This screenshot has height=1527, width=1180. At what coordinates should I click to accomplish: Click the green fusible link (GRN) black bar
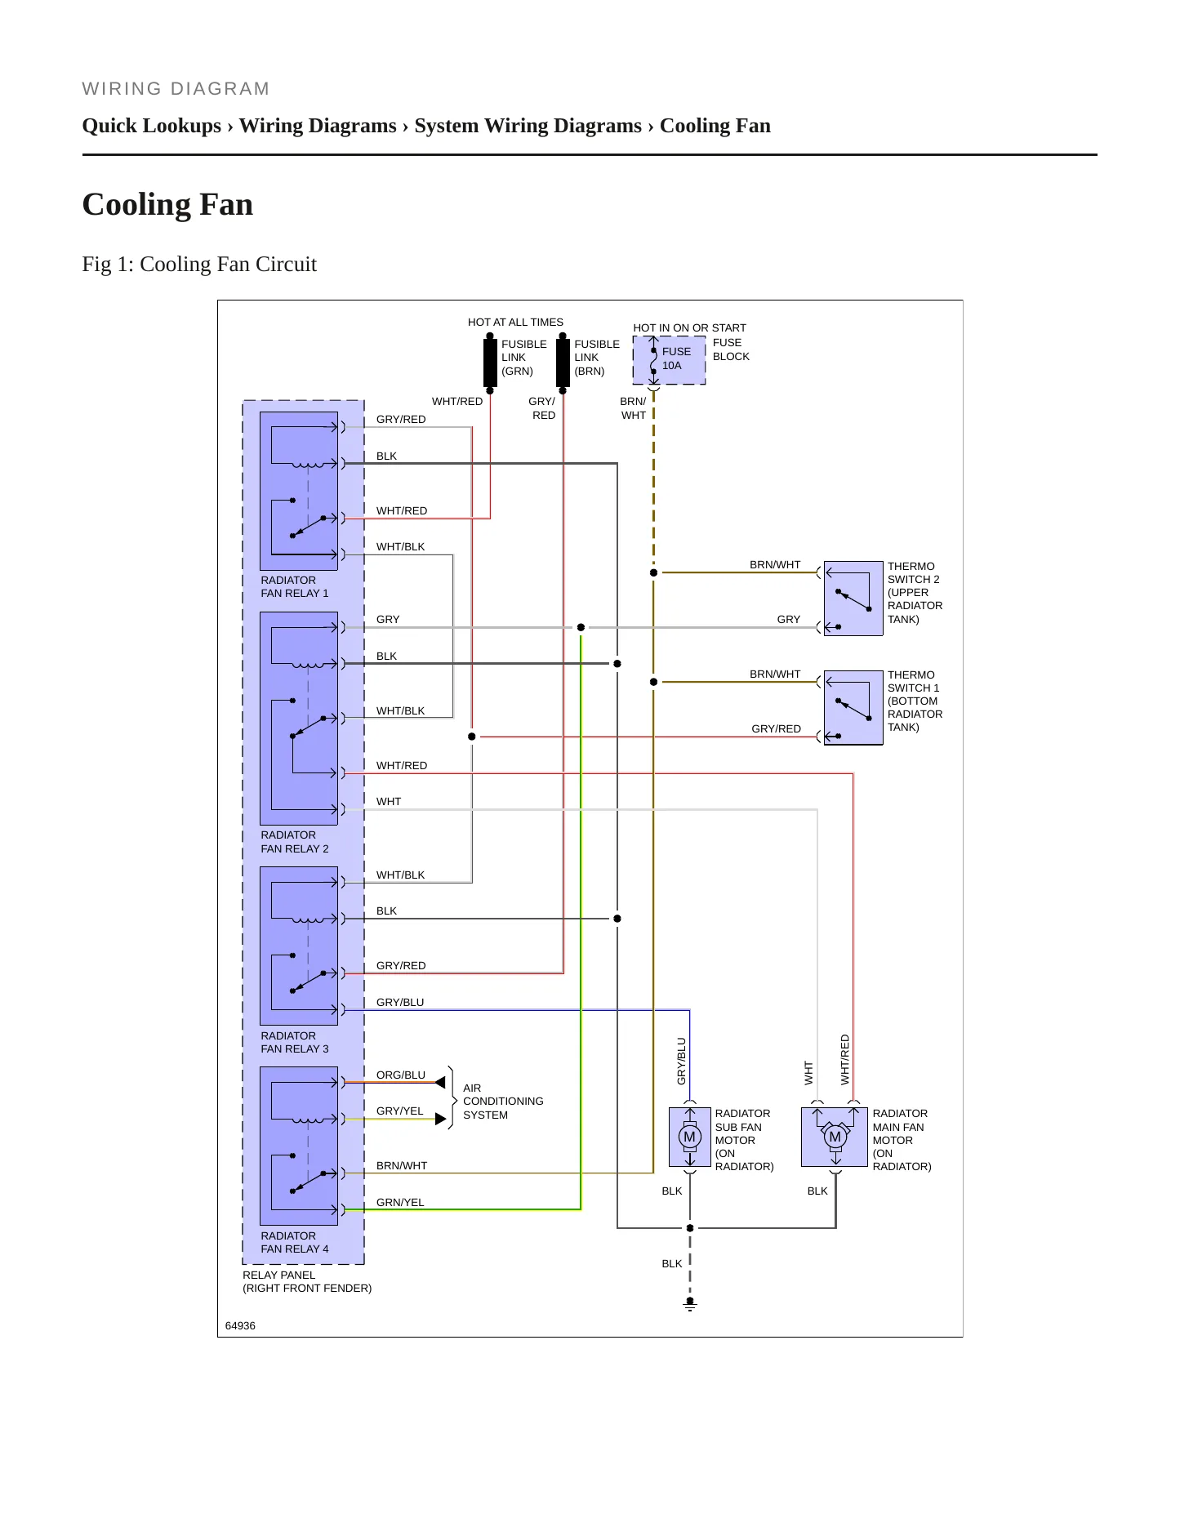[x=490, y=363]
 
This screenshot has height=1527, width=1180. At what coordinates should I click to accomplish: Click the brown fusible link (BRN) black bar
[x=563, y=363]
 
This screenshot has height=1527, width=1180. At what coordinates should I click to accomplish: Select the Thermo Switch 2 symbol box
[x=853, y=598]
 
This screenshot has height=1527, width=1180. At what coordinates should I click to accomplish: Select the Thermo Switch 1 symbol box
[x=853, y=707]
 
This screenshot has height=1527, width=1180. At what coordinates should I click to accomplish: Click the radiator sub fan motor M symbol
[x=690, y=1137]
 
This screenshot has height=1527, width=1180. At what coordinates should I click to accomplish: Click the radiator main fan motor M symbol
[x=835, y=1137]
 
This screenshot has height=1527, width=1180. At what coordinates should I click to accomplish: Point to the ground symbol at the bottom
[x=690, y=1305]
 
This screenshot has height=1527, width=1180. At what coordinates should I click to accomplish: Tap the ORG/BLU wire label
[x=401, y=1075]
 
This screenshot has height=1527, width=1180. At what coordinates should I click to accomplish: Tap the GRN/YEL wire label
[x=400, y=1202]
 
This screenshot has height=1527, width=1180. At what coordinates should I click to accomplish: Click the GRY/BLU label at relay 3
[x=400, y=1002]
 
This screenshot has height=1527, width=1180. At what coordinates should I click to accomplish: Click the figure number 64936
[x=240, y=1325]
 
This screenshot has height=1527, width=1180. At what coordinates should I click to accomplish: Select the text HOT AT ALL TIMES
[x=515, y=322]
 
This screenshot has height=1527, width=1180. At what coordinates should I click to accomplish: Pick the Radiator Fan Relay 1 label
[x=295, y=586]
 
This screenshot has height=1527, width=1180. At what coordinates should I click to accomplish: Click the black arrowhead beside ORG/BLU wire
[x=441, y=1083]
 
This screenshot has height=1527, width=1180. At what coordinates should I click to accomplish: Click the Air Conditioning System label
[x=503, y=1102]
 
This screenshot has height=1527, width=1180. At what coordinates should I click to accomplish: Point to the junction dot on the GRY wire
[x=581, y=627]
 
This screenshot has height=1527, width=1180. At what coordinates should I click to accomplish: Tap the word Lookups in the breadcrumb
[x=181, y=126]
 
